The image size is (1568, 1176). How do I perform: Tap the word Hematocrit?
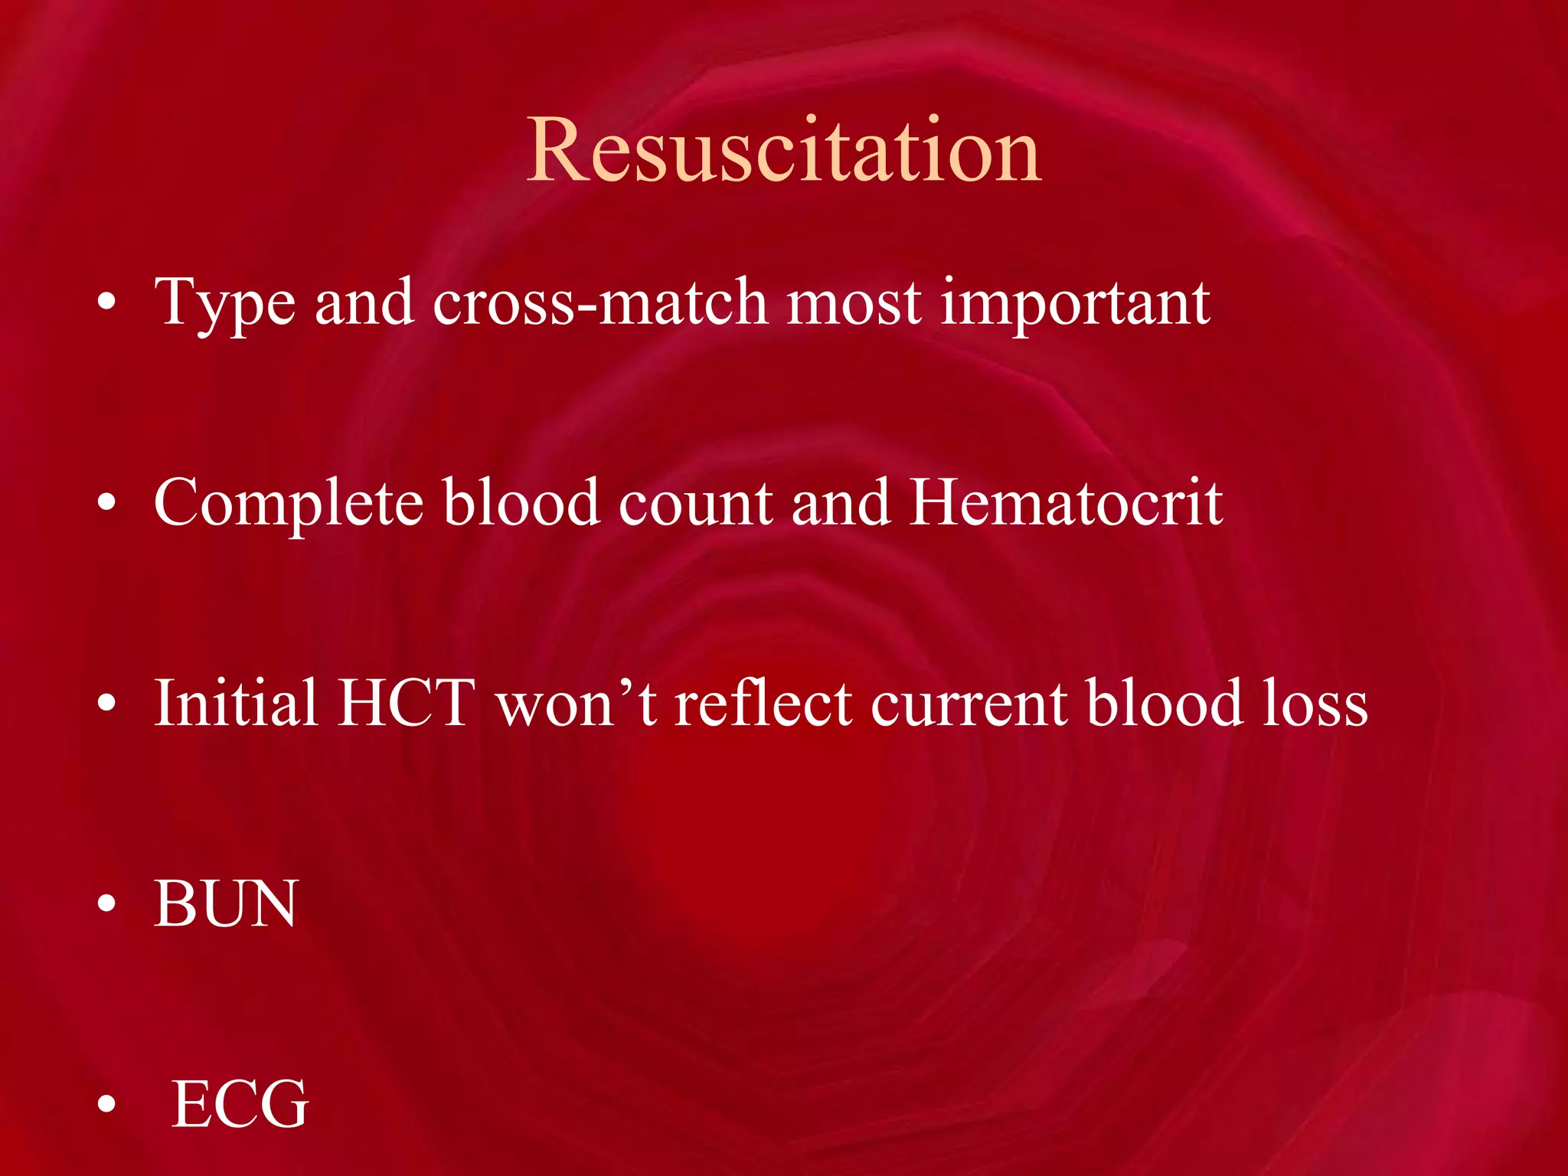point(1066,503)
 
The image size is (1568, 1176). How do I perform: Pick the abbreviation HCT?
point(407,703)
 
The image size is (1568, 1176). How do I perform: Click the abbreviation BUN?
point(225,904)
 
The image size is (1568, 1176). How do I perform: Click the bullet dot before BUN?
point(106,904)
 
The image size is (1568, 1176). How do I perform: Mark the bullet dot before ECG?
point(106,1105)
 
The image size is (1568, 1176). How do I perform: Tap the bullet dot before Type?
point(106,303)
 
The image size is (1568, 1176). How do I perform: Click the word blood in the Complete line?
point(521,503)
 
